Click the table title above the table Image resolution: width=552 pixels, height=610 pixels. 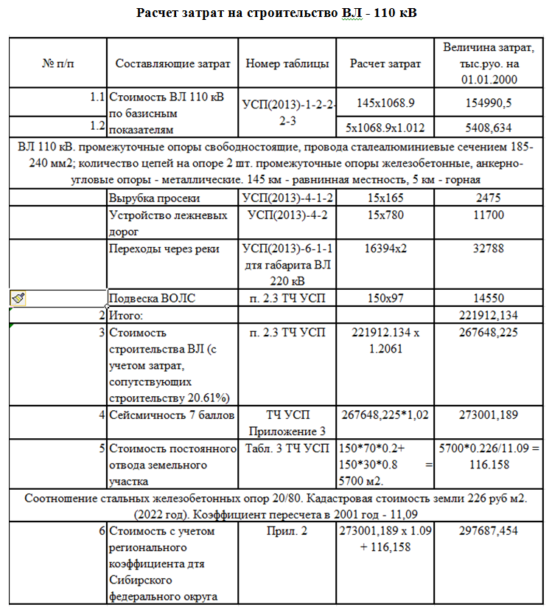[276, 14]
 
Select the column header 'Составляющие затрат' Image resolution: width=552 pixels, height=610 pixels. [172, 63]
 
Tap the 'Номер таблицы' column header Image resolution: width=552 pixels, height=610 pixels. [287, 63]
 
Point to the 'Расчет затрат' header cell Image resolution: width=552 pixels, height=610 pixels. [385, 63]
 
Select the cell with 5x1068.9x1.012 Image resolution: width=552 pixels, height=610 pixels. [385, 127]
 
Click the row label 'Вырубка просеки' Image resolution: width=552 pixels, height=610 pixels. [154, 198]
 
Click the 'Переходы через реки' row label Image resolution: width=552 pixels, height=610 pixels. [164, 249]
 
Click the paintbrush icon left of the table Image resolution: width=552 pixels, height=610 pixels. [18, 298]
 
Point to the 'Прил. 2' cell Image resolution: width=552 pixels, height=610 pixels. [287, 530]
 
